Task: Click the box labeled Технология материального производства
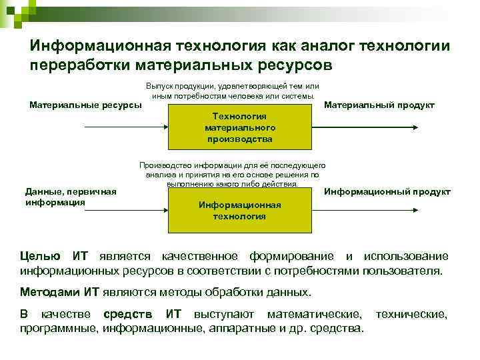click(239, 127)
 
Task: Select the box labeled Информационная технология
click(239, 210)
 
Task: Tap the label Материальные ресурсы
click(86, 105)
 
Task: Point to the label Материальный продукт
click(379, 105)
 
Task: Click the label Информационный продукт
click(387, 191)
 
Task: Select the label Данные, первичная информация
click(71, 197)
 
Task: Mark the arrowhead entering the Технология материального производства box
click(164, 126)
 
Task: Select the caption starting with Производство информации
click(232, 174)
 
